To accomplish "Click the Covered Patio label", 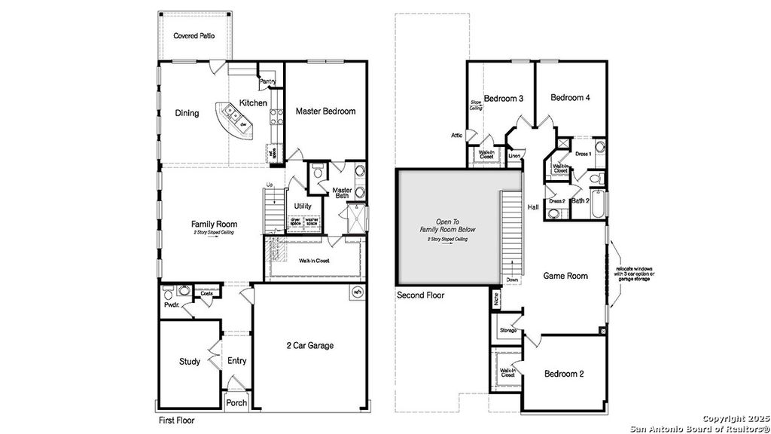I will pyautogui.click(x=193, y=35).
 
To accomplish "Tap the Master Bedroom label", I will pyautogui.click(x=325, y=111).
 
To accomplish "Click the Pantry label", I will pyautogui.click(x=267, y=81).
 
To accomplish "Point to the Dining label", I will pyautogui.click(x=187, y=113).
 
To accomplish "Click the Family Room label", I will pyautogui.click(x=214, y=224).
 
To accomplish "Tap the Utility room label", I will pyautogui.click(x=303, y=206).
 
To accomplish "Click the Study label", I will pyautogui.click(x=190, y=362).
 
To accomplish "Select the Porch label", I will pyautogui.click(x=236, y=403).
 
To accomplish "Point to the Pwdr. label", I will pyautogui.click(x=171, y=305).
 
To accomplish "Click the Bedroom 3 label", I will pyautogui.click(x=504, y=99).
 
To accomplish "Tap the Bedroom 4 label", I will pyautogui.click(x=570, y=97).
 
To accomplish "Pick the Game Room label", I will pyautogui.click(x=565, y=276).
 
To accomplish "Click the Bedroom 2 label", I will pyautogui.click(x=565, y=374).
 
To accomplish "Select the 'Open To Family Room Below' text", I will pyautogui.click(x=448, y=225).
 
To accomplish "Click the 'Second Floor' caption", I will pyautogui.click(x=420, y=296).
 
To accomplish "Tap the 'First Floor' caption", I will pyautogui.click(x=175, y=420).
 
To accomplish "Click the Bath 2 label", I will pyautogui.click(x=580, y=201).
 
